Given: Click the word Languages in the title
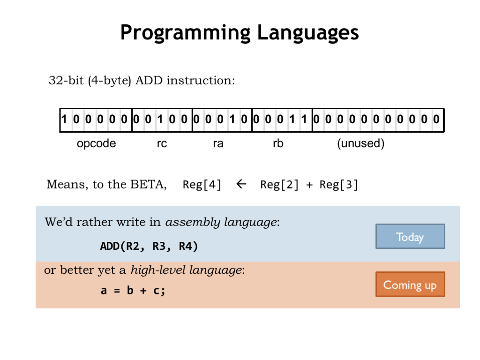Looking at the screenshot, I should coord(307,33).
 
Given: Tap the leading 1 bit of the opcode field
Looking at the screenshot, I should coord(64,120).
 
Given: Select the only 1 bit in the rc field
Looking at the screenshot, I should coord(160,120).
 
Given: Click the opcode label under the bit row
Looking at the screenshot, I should coord(96,143).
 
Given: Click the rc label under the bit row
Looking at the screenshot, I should coord(162,143).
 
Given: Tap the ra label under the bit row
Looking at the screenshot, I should coord(218,143).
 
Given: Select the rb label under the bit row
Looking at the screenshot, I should coord(278,143).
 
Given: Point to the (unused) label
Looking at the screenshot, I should coord(360,143).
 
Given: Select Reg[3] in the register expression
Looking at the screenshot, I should coord(338,185).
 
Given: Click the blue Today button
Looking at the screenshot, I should coord(410,236).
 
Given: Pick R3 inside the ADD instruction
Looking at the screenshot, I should coord(160,246).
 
